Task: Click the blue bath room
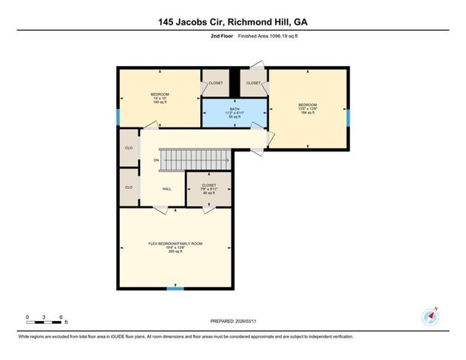(234, 114)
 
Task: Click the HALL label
(166, 188)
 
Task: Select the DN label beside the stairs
(156, 160)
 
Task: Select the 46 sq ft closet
(208, 188)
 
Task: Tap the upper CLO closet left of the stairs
(129, 147)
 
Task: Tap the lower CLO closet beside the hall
(129, 187)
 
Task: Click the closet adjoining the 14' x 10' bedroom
(216, 84)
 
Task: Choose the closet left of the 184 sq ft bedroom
(253, 84)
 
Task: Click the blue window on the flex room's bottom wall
(175, 288)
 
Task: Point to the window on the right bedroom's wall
(348, 116)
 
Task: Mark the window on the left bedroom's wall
(118, 117)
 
